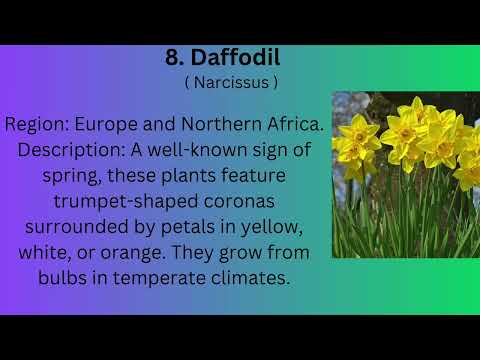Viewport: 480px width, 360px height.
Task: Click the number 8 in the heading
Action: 172,59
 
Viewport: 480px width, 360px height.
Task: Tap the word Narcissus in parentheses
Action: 231,83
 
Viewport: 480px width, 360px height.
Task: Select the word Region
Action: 35,125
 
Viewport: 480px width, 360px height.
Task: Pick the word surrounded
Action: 65,226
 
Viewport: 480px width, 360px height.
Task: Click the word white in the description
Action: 44,251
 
